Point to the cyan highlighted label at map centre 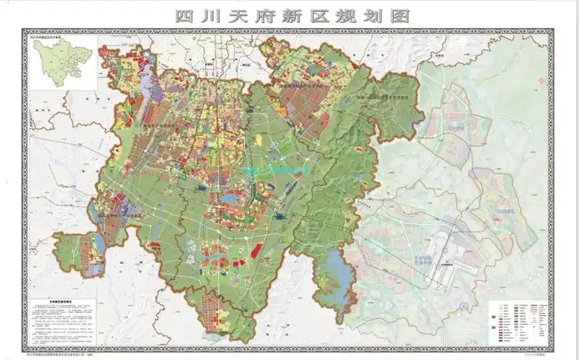(x=277, y=170)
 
